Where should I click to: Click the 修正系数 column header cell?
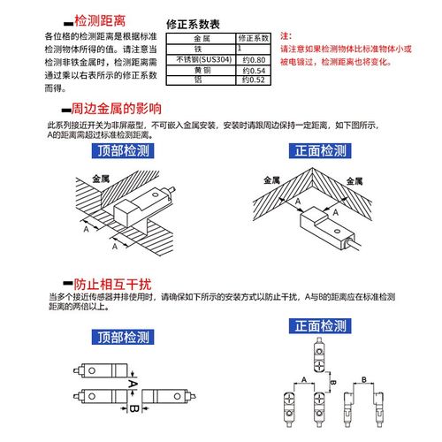(251, 41)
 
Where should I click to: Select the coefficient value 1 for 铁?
(240, 50)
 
